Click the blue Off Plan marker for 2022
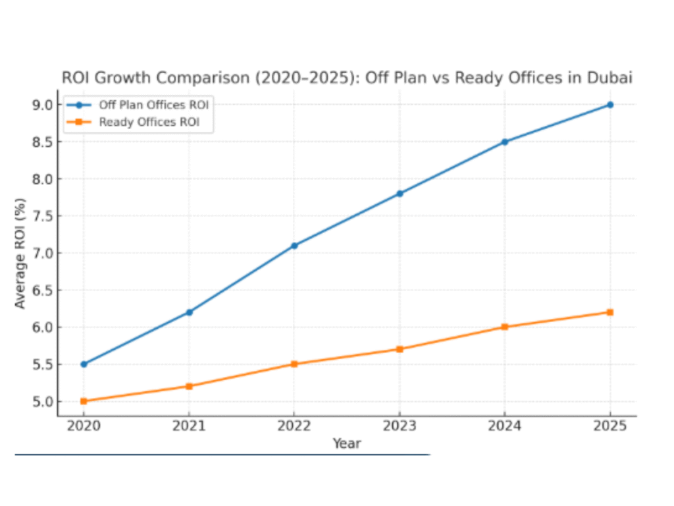294,245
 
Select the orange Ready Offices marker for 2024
505,327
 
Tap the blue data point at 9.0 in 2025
610,105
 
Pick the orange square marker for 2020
84,401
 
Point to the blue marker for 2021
189,312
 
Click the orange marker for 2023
400,349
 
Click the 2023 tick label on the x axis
400,426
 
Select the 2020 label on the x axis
84,426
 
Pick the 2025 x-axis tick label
610,426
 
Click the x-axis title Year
346,443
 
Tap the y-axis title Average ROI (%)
20,253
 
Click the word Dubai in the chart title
611,78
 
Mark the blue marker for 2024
505,142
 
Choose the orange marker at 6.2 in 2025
610,312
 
